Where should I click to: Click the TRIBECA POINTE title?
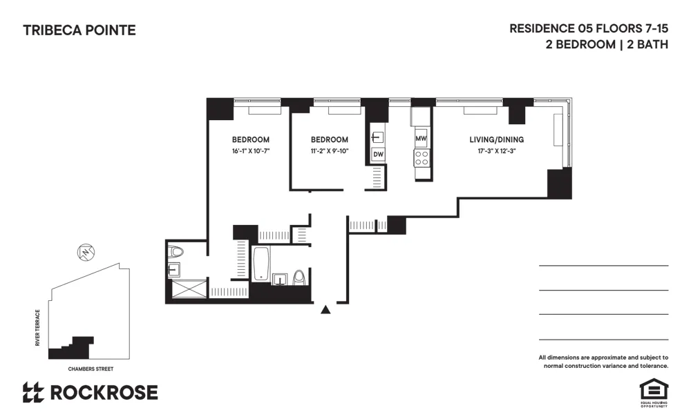79,30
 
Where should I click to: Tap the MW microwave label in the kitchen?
421,139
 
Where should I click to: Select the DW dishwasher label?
378,155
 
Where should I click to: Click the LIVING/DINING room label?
493,139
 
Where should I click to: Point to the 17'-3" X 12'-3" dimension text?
493,151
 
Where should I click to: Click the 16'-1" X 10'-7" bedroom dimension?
250,151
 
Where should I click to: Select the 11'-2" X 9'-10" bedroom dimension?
330,151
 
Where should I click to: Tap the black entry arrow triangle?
326,310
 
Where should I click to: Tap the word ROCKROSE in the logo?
104,393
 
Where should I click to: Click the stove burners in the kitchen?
422,158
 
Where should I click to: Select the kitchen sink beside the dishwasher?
377,136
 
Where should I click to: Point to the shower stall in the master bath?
187,289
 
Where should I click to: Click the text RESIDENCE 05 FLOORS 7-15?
589,29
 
